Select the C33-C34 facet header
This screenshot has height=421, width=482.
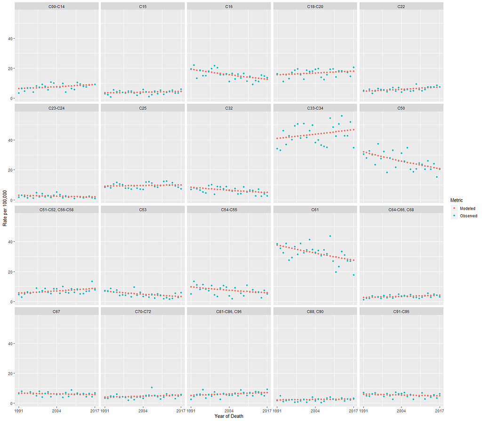tap(315, 108)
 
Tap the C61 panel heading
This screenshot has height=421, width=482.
tap(315, 210)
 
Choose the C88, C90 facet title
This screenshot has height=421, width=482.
tap(315, 311)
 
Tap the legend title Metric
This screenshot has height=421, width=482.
tap(457, 200)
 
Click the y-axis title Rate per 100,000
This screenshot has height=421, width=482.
tap(5, 207)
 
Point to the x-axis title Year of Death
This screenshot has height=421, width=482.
tap(229, 416)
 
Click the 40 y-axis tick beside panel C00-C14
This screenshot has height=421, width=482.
tap(9, 38)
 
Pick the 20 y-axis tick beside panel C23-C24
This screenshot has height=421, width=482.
tap(9, 170)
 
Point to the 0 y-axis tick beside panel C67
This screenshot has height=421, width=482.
tap(11, 404)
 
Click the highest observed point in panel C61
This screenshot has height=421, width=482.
tap(330, 236)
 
